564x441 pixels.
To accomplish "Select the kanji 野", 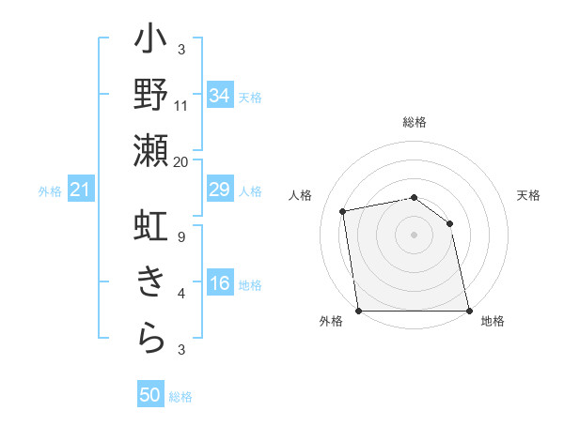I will [x=151, y=97].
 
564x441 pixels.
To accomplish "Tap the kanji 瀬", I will [x=151, y=151].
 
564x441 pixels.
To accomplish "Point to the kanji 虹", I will [x=151, y=228].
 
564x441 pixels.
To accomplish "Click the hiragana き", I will [x=151, y=282].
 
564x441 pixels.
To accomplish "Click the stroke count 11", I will [x=181, y=105].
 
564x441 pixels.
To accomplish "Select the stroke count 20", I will [x=181, y=160].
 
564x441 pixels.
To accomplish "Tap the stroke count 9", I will [x=181, y=237].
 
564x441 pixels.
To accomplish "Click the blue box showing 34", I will [x=220, y=95].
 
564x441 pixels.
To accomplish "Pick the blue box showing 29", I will [x=220, y=190].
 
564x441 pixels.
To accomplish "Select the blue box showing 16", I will [x=220, y=283].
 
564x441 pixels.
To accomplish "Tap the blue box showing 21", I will [x=81, y=190].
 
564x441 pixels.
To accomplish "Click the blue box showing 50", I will [x=150, y=395].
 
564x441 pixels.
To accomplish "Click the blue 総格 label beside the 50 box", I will [x=180, y=397].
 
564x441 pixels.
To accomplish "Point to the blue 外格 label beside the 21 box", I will [x=50, y=191].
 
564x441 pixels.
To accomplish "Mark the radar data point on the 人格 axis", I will [x=343, y=211].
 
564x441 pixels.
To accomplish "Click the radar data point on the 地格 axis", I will [x=469, y=310].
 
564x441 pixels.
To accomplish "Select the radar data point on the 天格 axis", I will [x=449, y=223].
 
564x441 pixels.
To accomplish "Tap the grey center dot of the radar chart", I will [x=414, y=234].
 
